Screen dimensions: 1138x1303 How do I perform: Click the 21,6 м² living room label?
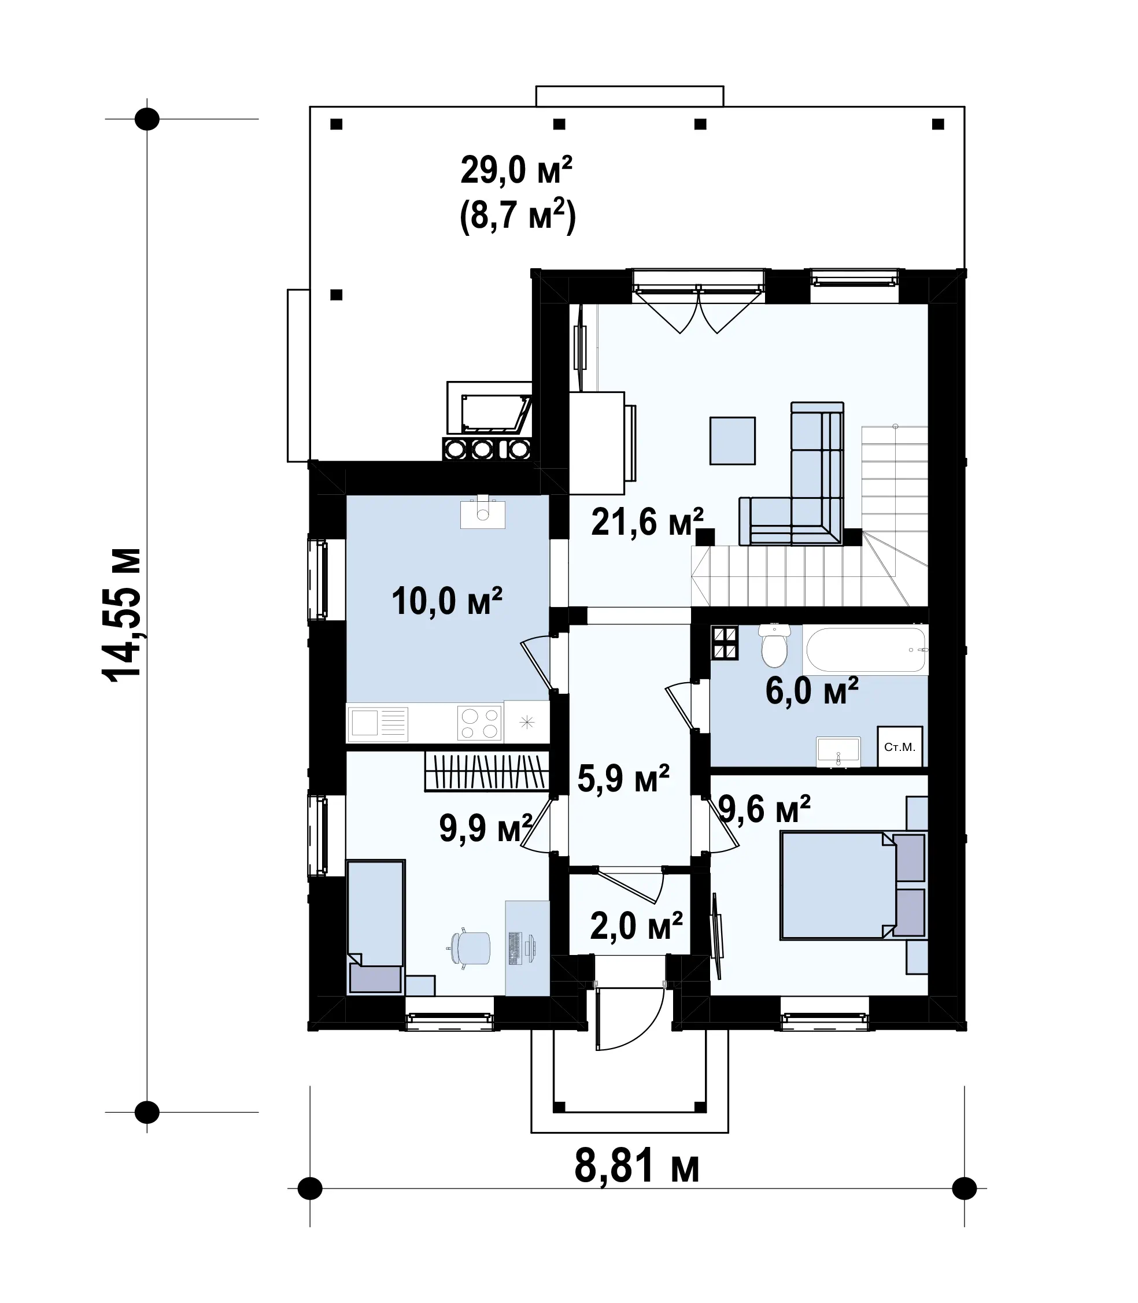click(x=647, y=523)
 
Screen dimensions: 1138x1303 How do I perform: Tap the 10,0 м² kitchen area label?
click(x=447, y=601)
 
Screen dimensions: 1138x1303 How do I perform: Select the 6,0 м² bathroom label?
click(x=812, y=691)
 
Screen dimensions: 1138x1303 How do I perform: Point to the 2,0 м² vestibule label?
click(x=636, y=926)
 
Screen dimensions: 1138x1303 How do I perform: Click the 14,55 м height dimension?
click(x=121, y=615)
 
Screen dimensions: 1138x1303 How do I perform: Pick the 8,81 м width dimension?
click(x=637, y=1167)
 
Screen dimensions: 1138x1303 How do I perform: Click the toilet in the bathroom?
click(x=774, y=645)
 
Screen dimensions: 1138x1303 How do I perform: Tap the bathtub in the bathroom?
click(x=864, y=650)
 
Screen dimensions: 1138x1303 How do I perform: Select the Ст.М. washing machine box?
click(x=900, y=747)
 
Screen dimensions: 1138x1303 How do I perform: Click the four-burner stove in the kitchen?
click(x=479, y=723)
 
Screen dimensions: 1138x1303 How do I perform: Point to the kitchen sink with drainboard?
click(x=378, y=723)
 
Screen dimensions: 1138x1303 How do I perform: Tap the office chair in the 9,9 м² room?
click(x=470, y=949)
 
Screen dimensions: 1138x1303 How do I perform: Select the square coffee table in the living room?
click(x=732, y=440)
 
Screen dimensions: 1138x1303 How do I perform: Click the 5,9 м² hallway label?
click(x=623, y=779)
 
